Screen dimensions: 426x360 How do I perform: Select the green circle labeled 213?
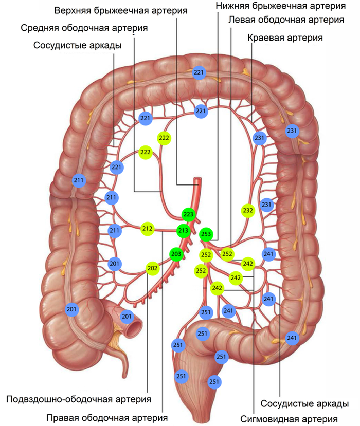click(x=183, y=230)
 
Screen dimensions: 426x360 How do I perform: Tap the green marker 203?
click(x=176, y=253)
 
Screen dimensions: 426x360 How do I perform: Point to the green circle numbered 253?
click(x=206, y=234)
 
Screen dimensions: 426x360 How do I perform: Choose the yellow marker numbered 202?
click(x=153, y=268)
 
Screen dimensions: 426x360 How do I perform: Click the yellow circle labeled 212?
click(x=148, y=229)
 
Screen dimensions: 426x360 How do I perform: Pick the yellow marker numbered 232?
click(x=248, y=210)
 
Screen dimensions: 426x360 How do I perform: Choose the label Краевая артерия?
click(x=285, y=38)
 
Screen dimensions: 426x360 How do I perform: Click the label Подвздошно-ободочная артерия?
click(x=78, y=399)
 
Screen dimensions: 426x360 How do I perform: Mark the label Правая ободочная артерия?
click(x=107, y=417)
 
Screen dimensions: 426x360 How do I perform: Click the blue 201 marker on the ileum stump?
click(x=127, y=317)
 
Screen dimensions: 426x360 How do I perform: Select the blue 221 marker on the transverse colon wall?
click(x=199, y=73)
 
